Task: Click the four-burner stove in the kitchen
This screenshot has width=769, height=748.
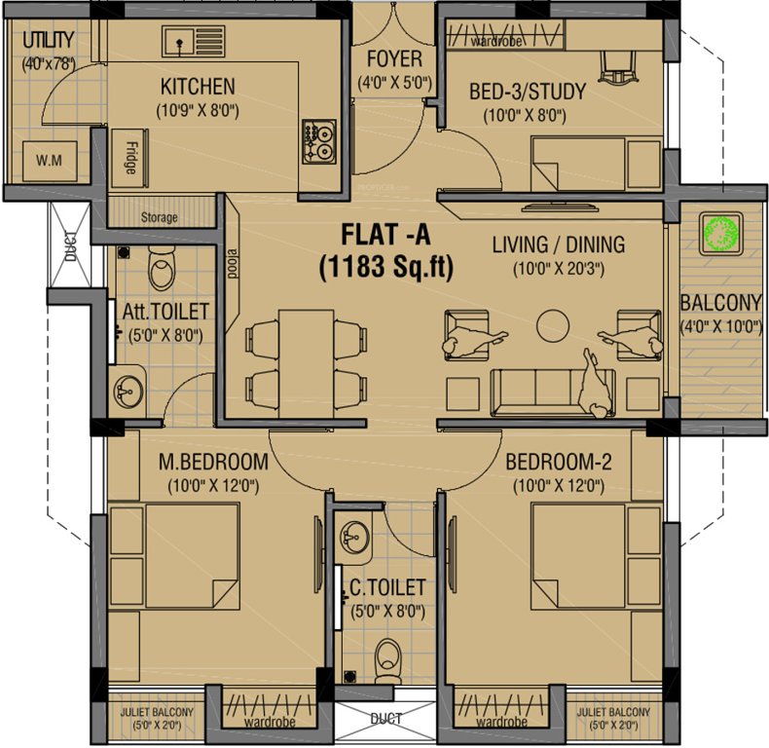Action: (x=318, y=141)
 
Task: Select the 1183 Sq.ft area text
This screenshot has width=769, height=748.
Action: (x=385, y=267)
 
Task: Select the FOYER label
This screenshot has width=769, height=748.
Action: (x=394, y=59)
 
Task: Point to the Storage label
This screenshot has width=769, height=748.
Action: (x=159, y=217)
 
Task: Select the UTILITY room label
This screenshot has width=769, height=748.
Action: (x=47, y=41)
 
